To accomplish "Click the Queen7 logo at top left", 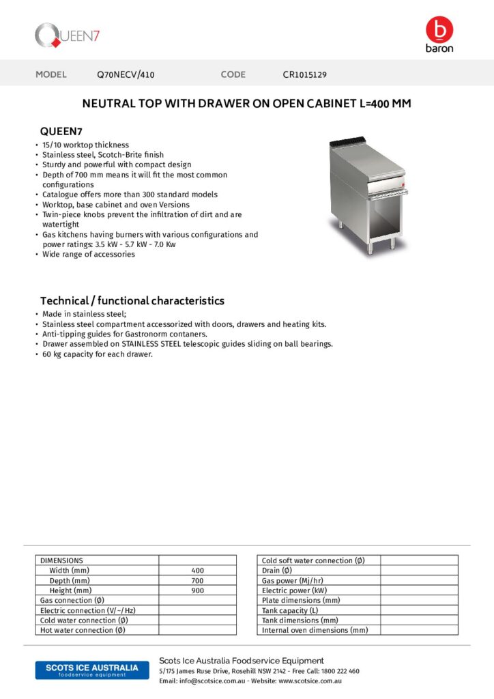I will tap(67, 35).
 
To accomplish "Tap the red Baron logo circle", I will tap(439, 29).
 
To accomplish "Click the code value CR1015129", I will tap(304, 74).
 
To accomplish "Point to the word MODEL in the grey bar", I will tap(51, 74).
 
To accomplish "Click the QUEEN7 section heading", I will tap(62, 131).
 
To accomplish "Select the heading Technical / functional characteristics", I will tap(132, 300).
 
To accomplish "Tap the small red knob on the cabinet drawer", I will tap(403, 184).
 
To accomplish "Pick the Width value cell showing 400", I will tap(197, 571).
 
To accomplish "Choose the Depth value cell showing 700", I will tap(197, 580).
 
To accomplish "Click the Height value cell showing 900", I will tap(197, 590).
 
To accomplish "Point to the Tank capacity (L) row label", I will tap(290, 610).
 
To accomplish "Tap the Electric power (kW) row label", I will tap(294, 590).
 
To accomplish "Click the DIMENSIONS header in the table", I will tap(62, 560).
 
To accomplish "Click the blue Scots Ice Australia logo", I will tap(91, 670).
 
